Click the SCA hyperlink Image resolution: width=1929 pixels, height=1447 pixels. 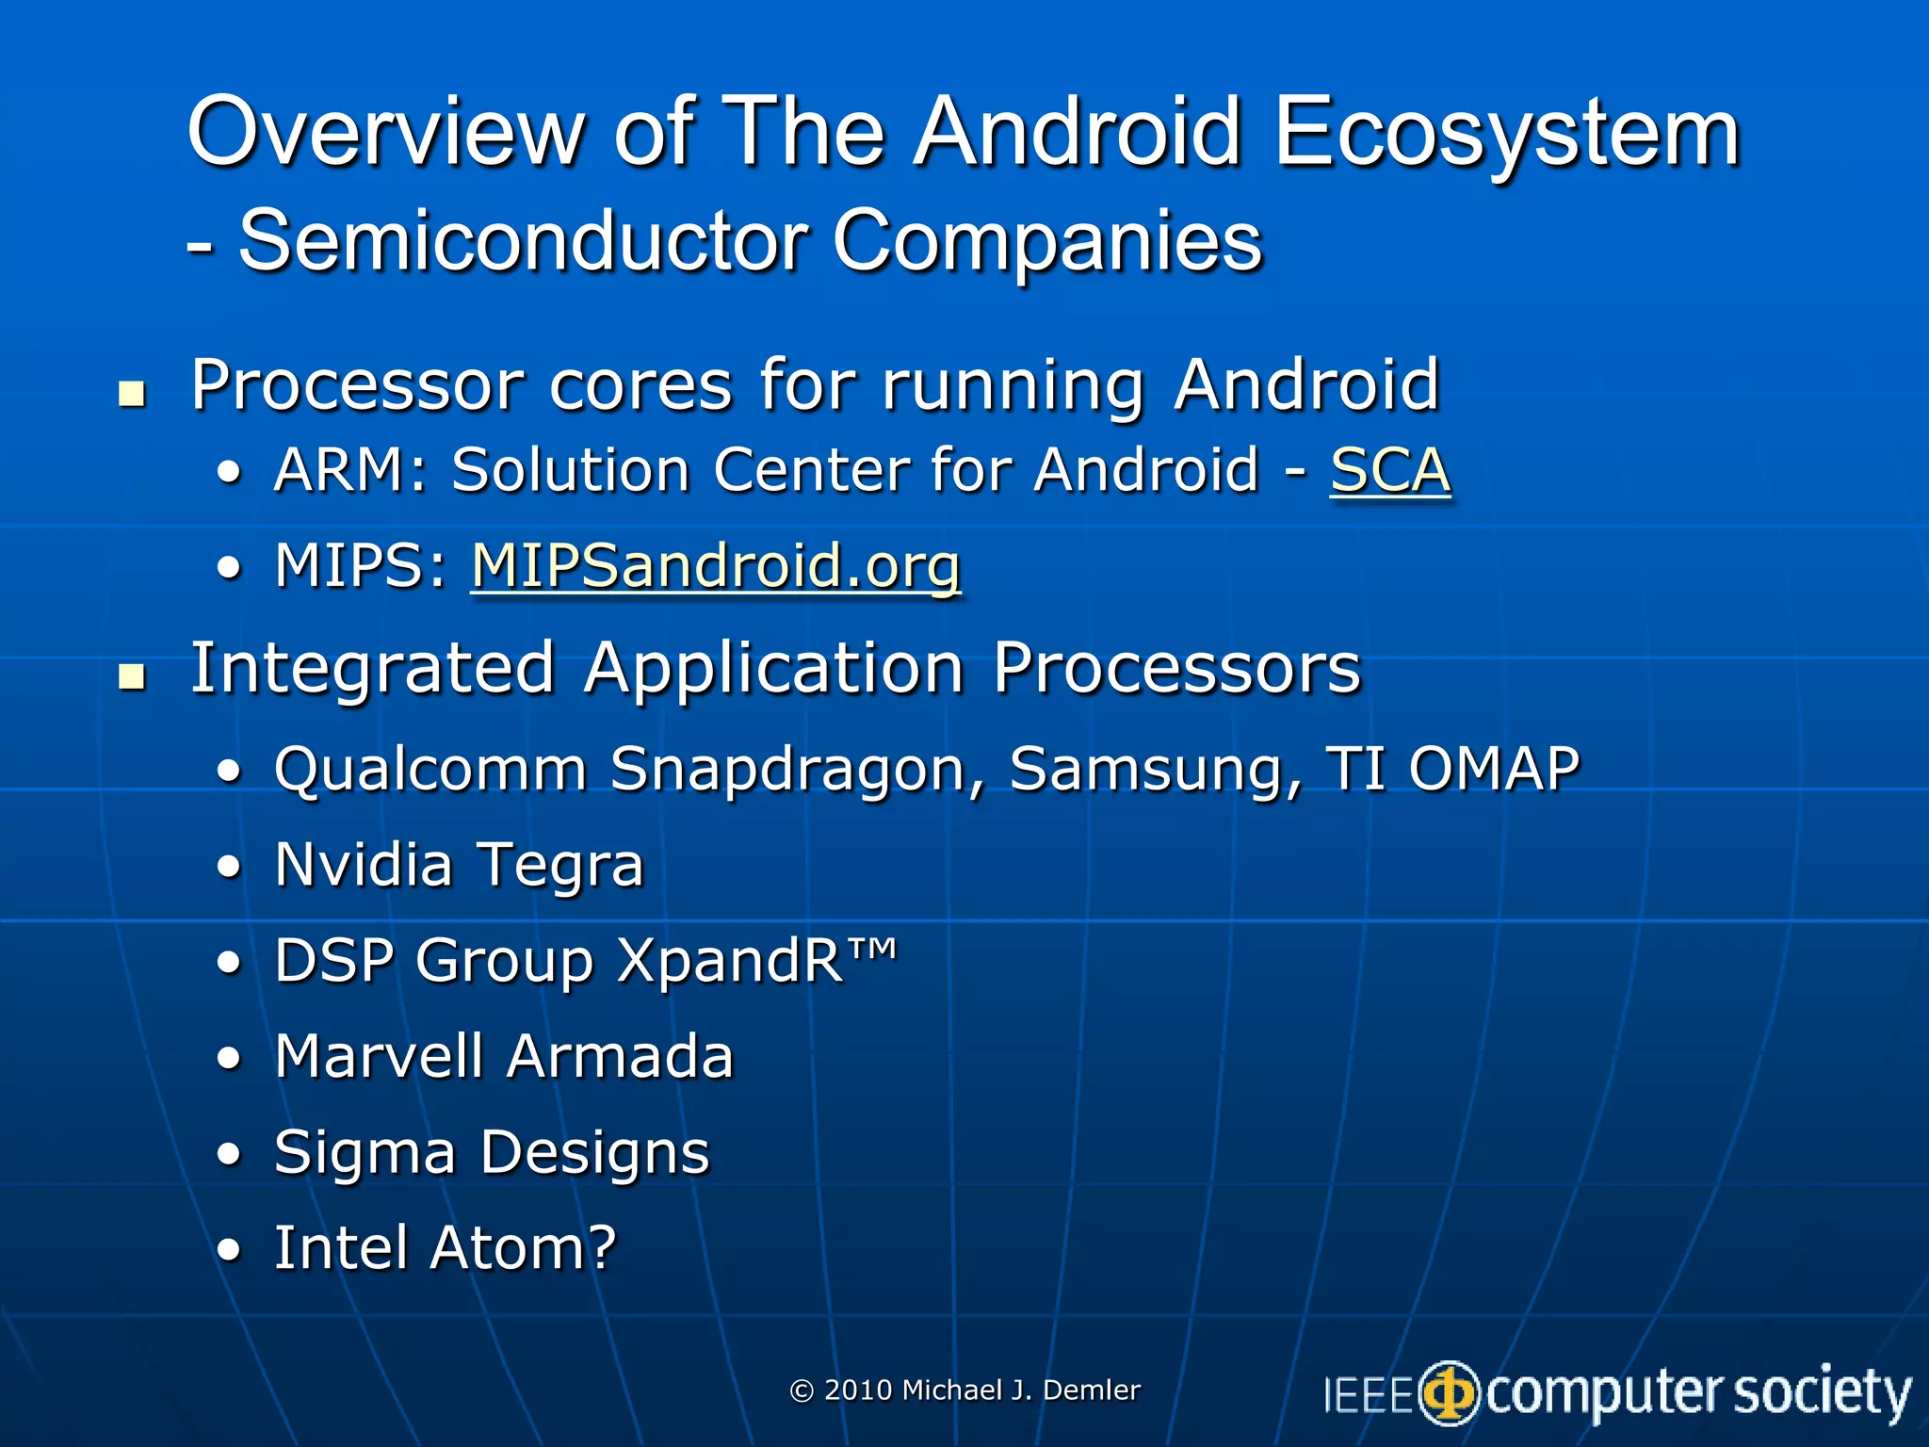(1389, 470)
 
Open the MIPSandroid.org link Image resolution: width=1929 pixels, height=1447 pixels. (716, 566)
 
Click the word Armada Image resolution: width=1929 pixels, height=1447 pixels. (619, 1056)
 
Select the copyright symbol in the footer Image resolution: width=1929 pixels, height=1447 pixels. (802, 1391)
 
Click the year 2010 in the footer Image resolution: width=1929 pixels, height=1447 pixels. (857, 1390)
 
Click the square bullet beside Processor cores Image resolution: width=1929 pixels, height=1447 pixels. (133, 394)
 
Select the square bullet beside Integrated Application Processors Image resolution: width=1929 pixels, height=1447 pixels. (133, 676)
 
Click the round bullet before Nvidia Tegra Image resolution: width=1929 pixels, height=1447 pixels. (229, 867)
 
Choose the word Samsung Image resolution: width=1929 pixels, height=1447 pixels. (1155, 770)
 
